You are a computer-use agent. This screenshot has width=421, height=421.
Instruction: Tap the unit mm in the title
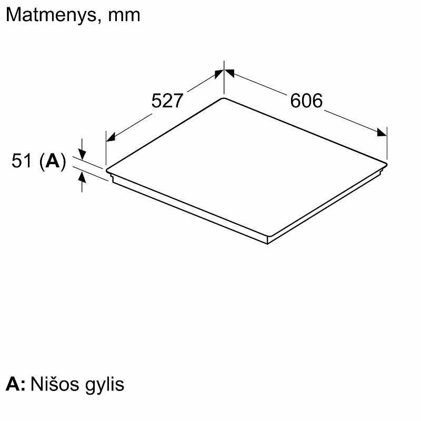click(124, 15)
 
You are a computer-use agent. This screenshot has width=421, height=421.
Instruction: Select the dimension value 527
click(167, 101)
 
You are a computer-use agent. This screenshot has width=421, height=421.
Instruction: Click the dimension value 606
click(306, 100)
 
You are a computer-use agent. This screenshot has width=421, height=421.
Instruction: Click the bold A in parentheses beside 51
click(53, 162)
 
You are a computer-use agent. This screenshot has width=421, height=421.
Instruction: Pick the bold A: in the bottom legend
click(15, 384)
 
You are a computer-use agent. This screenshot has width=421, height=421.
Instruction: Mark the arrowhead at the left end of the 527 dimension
click(110, 138)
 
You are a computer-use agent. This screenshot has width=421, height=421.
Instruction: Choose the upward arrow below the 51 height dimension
click(82, 177)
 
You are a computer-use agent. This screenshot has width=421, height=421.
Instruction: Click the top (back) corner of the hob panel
click(224, 98)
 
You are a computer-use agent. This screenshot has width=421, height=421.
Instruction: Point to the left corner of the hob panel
click(107, 170)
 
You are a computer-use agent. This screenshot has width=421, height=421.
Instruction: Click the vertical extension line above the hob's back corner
click(225, 79)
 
